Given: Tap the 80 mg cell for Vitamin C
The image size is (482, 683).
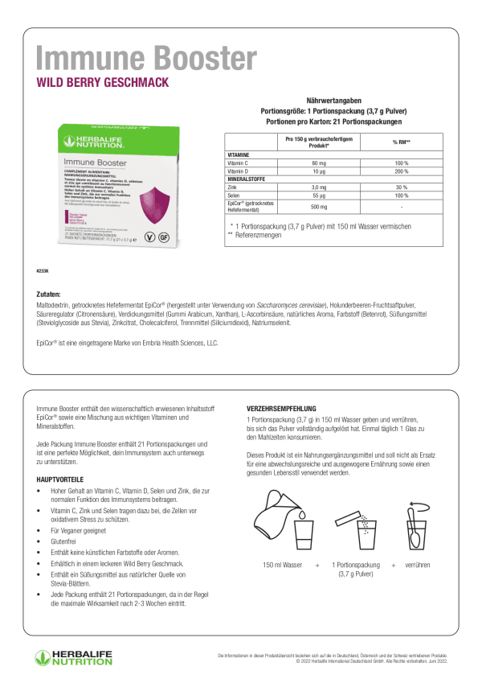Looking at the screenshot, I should click(319, 163).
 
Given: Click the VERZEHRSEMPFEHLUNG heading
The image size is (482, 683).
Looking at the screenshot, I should click(281, 409).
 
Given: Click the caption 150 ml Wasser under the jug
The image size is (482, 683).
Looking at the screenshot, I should click(281, 566).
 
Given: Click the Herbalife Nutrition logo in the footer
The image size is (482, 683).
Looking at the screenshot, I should click(73, 656).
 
